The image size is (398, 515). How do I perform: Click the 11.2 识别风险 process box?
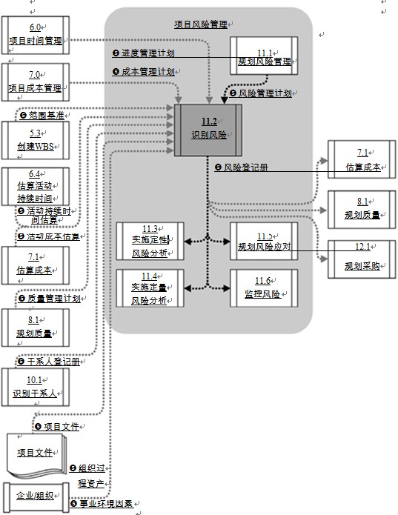[x=208, y=130]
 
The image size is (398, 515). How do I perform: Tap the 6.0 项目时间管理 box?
[x=36, y=36]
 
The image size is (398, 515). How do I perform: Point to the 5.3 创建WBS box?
[x=36, y=140]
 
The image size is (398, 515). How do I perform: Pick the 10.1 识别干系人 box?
[x=36, y=386]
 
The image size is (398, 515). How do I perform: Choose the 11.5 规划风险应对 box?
[x=264, y=241]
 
